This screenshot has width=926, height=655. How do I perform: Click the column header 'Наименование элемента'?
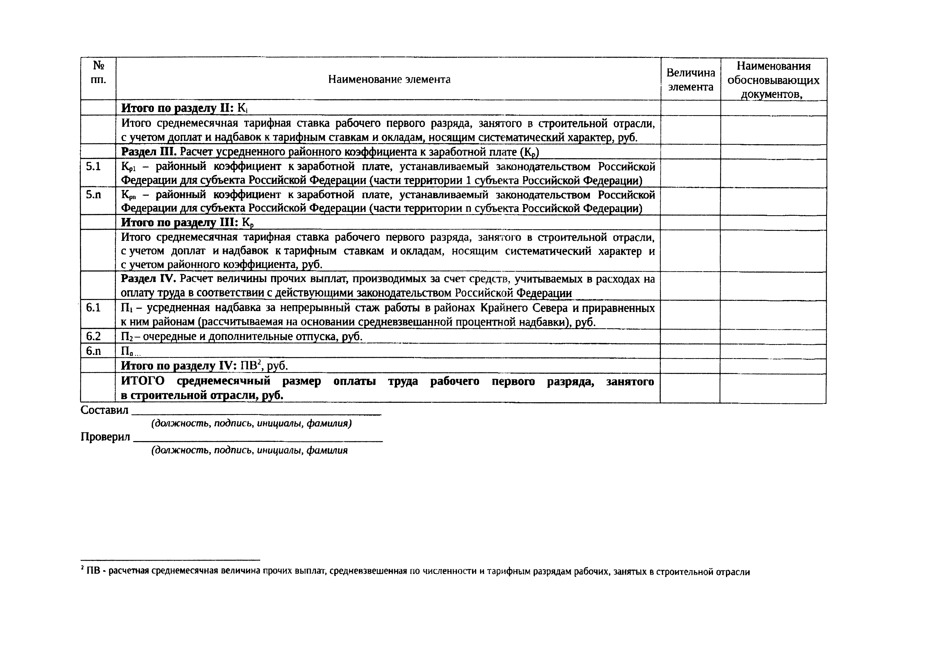(x=389, y=79)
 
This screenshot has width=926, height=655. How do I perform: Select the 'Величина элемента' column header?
(x=691, y=79)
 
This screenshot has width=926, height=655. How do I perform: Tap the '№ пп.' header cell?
(x=98, y=73)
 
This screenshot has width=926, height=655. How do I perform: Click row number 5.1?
(x=93, y=166)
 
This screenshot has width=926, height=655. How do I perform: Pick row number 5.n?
(x=93, y=195)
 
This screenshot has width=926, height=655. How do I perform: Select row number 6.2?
(x=93, y=336)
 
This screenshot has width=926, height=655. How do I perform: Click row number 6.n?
(x=93, y=351)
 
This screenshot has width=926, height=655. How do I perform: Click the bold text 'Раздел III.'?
(x=149, y=152)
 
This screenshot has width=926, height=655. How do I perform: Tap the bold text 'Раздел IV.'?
(x=149, y=279)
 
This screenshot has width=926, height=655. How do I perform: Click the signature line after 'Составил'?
(x=257, y=413)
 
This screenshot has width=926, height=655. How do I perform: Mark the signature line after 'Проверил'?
(x=257, y=440)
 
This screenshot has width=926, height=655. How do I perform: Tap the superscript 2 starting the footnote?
(x=82, y=568)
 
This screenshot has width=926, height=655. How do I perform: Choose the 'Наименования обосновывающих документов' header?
(x=773, y=79)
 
